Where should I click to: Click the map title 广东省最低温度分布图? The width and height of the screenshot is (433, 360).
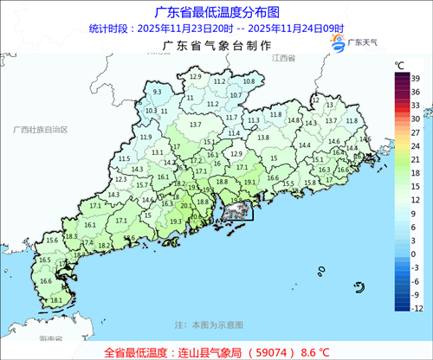pyautogui.click(x=216, y=12)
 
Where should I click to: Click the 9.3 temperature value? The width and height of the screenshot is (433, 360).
pyautogui.click(x=158, y=91)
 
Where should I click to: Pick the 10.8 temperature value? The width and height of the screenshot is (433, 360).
pyautogui.click(x=249, y=81)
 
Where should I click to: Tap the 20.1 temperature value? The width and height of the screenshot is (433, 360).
pyautogui.click(x=185, y=206)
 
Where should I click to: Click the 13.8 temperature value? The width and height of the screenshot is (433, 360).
pyautogui.click(x=262, y=137)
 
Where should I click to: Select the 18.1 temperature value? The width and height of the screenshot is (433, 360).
pyautogui.click(x=55, y=300)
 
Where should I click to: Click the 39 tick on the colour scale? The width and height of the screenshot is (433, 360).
pyautogui.click(x=417, y=78)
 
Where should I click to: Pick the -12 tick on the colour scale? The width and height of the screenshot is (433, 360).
pyautogui.click(x=417, y=308)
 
